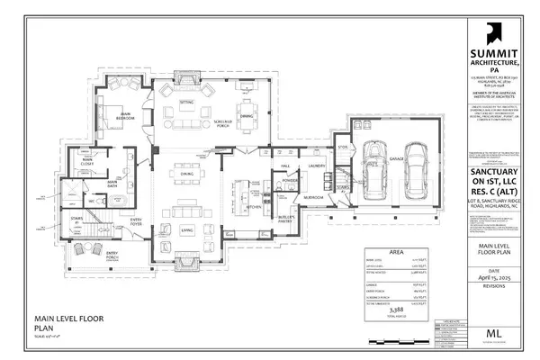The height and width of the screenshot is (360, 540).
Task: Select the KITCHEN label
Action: (x=255, y=206)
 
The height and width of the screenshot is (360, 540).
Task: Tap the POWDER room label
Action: (x=291, y=180)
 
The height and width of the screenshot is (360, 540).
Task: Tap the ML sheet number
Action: (x=494, y=334)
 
